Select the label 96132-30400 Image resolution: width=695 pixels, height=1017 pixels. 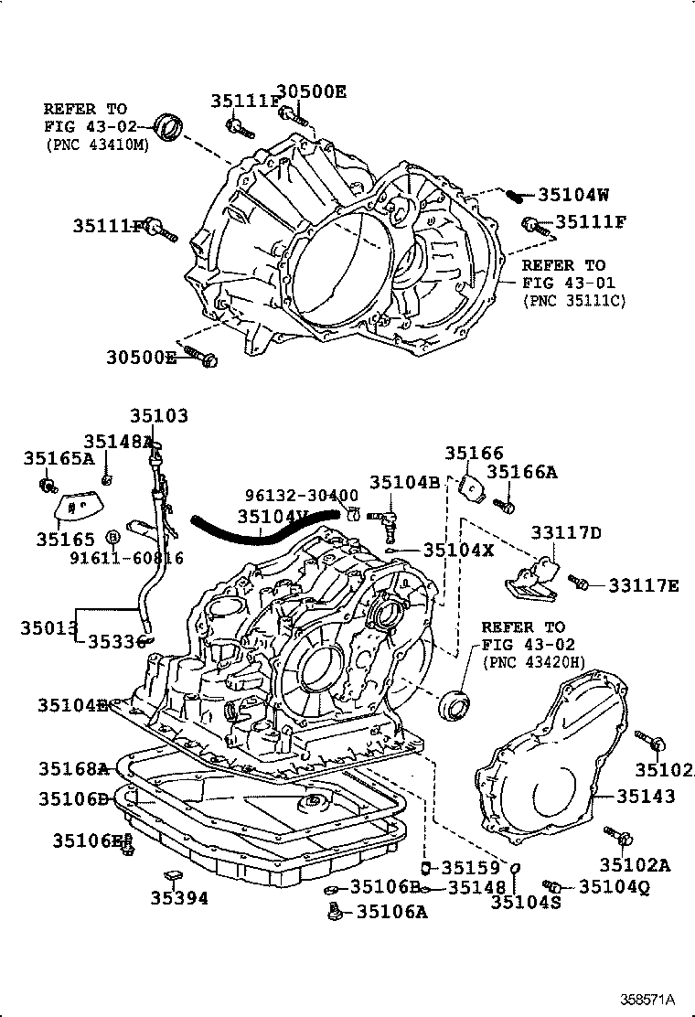(x=301, y=496)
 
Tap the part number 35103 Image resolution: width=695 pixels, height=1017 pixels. (x=158, y=416)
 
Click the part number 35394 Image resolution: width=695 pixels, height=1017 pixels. (x=179, y=898)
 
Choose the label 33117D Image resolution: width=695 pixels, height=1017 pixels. (x=567, y=532)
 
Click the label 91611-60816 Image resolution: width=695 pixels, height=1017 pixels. (x=144, y=558)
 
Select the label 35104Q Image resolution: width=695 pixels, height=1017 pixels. (x=614, y=885)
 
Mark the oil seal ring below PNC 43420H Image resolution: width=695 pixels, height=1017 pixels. (x=455, y=706)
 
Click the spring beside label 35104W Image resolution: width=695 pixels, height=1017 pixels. (x=519, y=195)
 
